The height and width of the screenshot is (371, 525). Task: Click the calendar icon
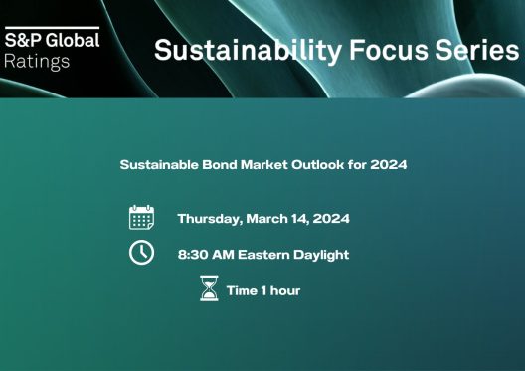coord(141,217)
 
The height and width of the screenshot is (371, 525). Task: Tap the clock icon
coord(141,252)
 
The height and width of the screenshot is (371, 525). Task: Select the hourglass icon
coord(209,288)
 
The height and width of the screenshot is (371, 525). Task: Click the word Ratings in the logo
coord(37,62)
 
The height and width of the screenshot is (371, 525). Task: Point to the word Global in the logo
coord(73,40)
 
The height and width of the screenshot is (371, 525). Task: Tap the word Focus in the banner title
coord(389,50)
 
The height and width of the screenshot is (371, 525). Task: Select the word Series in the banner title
coord(477,50)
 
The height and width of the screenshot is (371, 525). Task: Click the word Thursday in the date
coord(209,219)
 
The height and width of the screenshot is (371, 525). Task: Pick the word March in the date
coord(266,219)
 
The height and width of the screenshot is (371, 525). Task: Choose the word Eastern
coord(263,255)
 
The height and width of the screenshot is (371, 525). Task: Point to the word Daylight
coord(321,255)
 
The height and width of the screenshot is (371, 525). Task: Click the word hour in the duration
coord(285,290)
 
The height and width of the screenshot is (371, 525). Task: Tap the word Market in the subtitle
coord(264,165)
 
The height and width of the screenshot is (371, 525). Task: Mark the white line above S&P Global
coord(53,28)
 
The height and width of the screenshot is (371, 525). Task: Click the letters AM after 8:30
coord(223,255)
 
